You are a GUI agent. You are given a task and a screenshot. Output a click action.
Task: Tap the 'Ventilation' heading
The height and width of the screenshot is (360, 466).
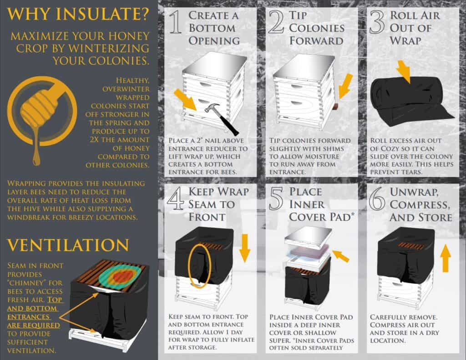(68, 244)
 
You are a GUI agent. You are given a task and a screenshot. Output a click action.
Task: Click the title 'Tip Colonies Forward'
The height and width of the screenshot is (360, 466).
(316, 28)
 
